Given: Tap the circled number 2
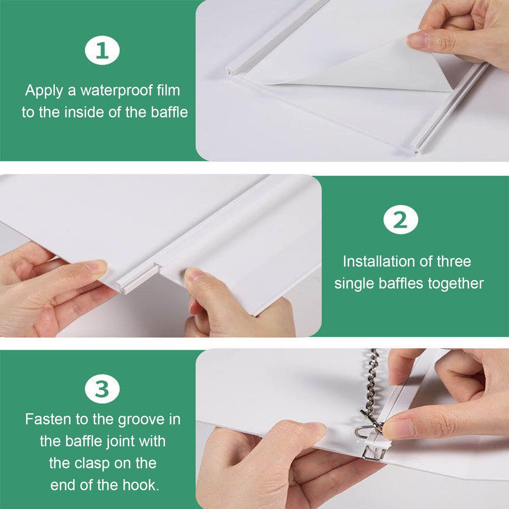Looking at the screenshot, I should pos(400,220).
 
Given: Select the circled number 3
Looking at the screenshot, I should pos(102,388).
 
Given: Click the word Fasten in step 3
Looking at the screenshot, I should pos(48,419).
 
